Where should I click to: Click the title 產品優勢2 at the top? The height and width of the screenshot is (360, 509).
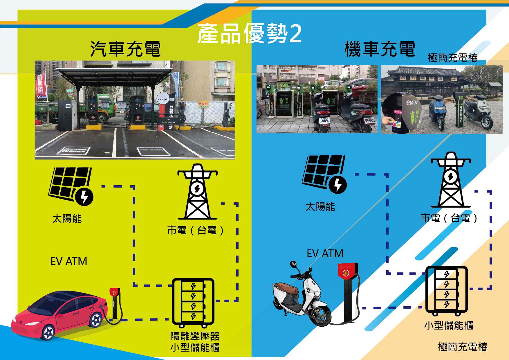[249, 34]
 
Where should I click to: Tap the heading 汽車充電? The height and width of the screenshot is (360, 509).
[125, 49]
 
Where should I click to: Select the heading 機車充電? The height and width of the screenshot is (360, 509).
[380, 49]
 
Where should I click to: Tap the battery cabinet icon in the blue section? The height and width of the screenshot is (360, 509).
[447, 290]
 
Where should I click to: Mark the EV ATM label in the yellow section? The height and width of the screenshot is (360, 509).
[69, 261]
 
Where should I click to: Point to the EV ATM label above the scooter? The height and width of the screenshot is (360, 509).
[325, 254]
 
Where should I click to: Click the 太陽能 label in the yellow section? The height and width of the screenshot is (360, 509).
[67, 219]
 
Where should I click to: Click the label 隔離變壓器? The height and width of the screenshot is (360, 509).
[195, 336]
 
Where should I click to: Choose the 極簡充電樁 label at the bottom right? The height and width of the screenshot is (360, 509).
[463, 347]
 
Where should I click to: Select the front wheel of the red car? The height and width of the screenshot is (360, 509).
[49, 332]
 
